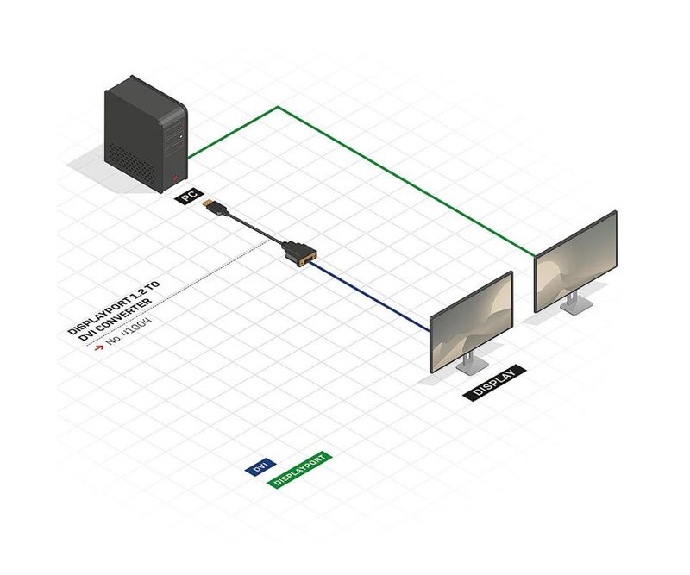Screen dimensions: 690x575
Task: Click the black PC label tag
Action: [x=189, y=196]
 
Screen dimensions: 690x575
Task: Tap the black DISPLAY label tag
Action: [x=494, y=383]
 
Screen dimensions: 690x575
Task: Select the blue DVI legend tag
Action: [x=260, y=466]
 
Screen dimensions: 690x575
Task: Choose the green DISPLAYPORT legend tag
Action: [x=299, y=470]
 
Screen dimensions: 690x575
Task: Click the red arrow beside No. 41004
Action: [x=98, y=347]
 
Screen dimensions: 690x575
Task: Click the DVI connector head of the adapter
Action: [x=300, y=253]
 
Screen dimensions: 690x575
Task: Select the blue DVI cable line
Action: [x=370, y=296]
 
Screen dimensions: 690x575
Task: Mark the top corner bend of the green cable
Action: [x=277, y=107]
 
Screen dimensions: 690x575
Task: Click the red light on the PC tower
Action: [x=175, y=178]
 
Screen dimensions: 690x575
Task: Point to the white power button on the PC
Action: [x=181, y=137]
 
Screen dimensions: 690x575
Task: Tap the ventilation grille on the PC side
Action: [x=132, y=163]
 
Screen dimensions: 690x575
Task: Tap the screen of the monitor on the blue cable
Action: [x=472, y=322]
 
